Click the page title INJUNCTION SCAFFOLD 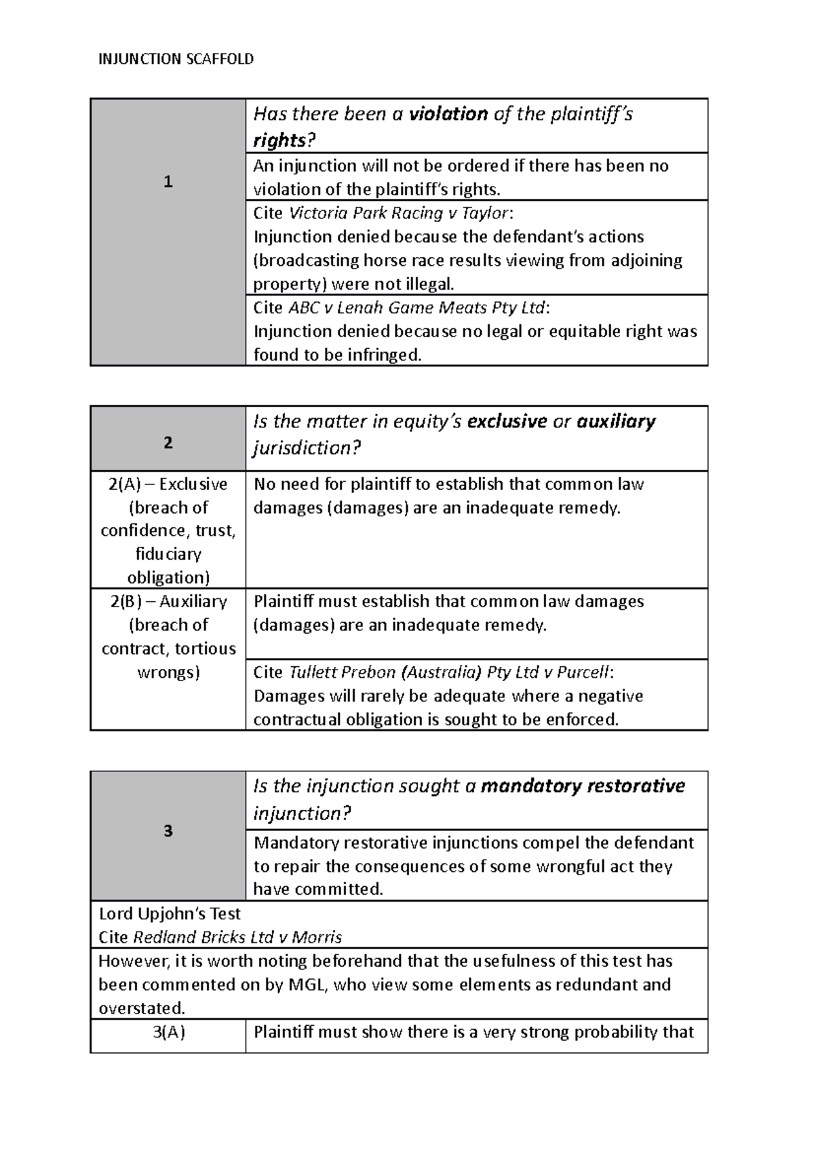pos(176,59)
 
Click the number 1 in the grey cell pos(168,182)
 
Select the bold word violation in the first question pos(448,114)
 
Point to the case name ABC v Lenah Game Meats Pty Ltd pos(417,307)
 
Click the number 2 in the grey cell pos(168,442)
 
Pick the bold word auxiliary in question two pos(616,421)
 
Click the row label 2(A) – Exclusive pos(168,484)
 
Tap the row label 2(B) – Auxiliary pos(168,602)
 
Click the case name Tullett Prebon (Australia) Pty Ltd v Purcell pos(449,672)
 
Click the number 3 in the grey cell pos(168,831)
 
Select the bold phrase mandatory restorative pos(583,786)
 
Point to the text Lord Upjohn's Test pos(170,913)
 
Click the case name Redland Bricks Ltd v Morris pos(237,937)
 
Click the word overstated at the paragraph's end pos(140,1008)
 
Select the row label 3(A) pos(168,1033)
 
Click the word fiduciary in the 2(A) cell pos(168,554)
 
